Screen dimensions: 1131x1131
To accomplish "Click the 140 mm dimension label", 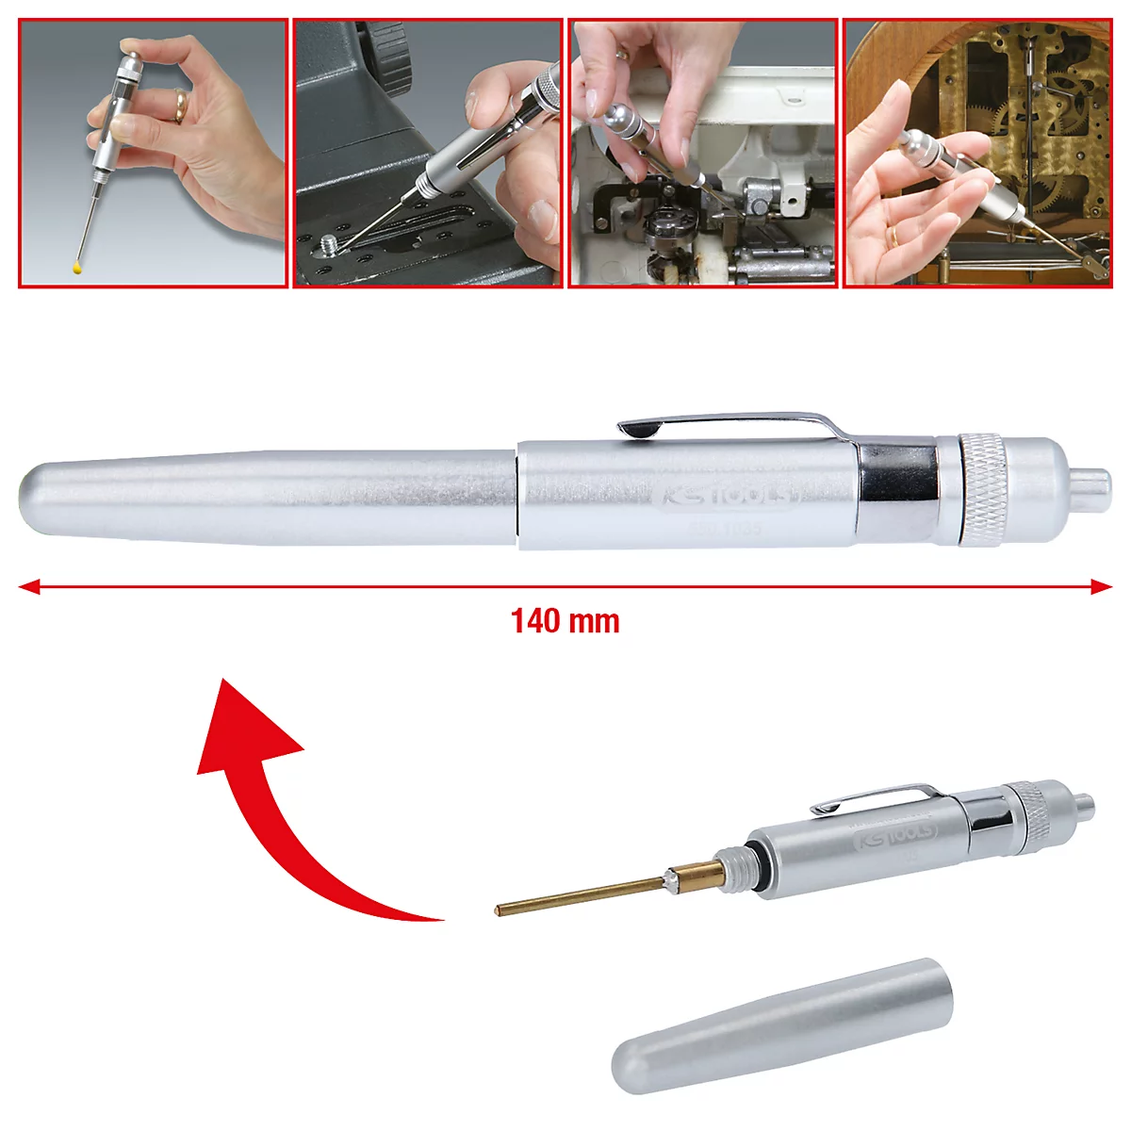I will click(565, 621).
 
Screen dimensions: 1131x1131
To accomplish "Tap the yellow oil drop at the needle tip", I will click(77, 270).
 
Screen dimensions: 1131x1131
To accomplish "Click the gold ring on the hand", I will click(179, 105).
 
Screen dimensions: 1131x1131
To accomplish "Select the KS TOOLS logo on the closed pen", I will click(726, 496).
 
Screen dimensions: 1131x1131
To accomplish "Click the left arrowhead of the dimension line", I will click(28, 586).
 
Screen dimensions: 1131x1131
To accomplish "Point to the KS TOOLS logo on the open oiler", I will click(895, 835).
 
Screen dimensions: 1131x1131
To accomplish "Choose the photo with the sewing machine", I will click(703, 153).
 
